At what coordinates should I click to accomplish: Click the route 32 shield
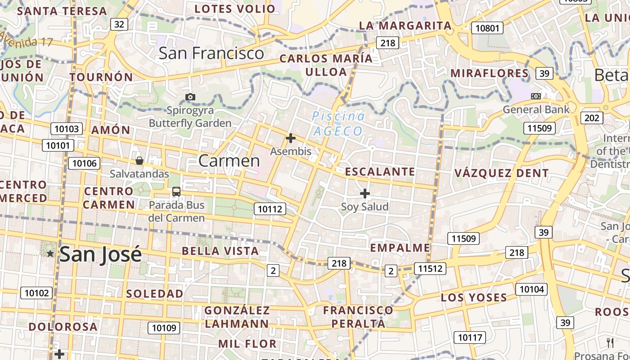(x=119, y=24)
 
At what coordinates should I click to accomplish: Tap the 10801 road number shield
(x=487, y=28)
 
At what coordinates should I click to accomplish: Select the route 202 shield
(x=592, y=118)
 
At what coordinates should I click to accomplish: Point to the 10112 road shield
(x=270, y=209)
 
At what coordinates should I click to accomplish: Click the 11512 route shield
(x=430, y=269)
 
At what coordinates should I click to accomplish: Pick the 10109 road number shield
(x=164, y=328)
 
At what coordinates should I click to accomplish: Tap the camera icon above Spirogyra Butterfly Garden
(x=190, y=97)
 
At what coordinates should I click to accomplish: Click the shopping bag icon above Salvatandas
(x=139, y=161)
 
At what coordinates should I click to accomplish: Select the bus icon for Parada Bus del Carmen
(x=176, y=192)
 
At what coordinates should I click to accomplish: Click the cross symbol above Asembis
(x=291, y=138)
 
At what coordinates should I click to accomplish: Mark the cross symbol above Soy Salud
(x=365, y=193)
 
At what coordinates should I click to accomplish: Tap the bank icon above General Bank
(x=536, y=96)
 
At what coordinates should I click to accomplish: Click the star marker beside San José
(x=50, y=254)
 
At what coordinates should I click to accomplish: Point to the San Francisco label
(x=211, y=53)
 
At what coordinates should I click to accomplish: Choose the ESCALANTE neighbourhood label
(x=380, y=171)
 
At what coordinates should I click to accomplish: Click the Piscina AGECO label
(x=338, y=124)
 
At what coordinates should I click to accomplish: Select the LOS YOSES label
(x=474, y=297)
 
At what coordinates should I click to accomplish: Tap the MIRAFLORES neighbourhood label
(x=490, y=73)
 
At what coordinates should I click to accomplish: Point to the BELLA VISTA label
(x=220, y=251)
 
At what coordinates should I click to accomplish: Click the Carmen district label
(x=229, y=161)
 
